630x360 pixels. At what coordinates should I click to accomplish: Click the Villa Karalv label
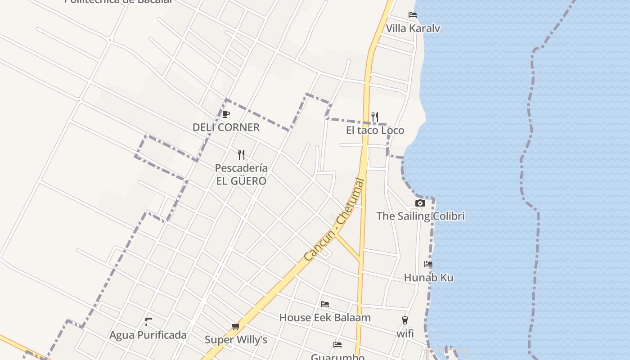413,28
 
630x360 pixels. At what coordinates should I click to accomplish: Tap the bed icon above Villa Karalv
413,15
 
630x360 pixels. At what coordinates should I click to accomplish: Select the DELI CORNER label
226,127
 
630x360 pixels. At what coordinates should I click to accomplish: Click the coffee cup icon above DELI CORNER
226,114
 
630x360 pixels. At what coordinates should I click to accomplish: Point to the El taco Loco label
375,130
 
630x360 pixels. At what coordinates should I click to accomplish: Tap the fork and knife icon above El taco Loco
375,117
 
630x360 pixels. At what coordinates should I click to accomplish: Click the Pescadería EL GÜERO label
241,175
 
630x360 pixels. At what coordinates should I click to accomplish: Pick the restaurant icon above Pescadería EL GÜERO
241,155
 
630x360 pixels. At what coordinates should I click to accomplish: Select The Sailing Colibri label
420,216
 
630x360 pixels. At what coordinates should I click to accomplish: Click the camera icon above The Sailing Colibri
420,203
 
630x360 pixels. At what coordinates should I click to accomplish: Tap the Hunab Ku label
428,278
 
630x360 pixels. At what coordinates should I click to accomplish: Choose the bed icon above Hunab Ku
428,264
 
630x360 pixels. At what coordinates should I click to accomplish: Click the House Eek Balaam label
325,318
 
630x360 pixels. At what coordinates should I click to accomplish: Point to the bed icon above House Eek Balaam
325,304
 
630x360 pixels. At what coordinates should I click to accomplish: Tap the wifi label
405,334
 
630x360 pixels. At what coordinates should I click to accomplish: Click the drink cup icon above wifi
405,320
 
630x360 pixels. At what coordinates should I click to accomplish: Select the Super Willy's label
236,340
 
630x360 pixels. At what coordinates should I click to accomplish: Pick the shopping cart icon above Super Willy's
235,326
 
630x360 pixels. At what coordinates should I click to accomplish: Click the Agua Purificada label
148,335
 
